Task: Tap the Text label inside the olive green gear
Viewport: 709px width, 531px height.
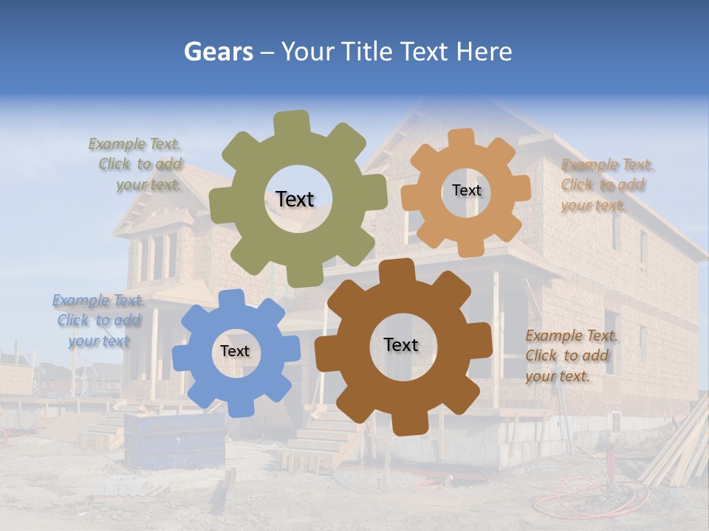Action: (295, 199)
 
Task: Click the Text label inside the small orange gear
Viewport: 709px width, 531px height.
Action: (466, 190)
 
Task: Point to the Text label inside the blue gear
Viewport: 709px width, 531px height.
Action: (235, 351)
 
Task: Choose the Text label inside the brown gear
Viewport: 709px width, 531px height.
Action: (401, 344)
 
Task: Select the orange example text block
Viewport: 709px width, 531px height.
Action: (606, 184)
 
